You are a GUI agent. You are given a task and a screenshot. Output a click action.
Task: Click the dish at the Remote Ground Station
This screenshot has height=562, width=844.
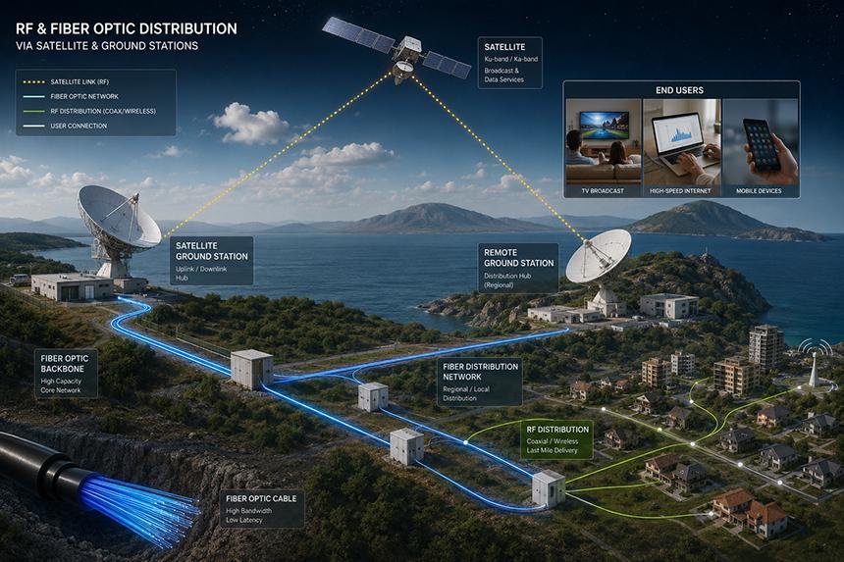[599, 256]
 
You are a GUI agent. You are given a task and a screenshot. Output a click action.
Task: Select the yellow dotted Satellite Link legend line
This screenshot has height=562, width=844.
[33, 82]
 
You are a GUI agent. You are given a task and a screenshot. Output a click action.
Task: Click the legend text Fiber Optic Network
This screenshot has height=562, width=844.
[84, 97]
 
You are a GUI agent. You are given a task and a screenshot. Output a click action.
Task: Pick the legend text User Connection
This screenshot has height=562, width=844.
[79, 126]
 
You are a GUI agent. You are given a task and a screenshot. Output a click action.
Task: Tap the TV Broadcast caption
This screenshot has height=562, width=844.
[603, 191]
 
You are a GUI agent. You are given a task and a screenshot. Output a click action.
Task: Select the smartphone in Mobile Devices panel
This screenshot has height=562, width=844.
[762, 144]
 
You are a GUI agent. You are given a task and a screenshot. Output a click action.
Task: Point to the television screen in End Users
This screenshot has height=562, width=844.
[604, 126]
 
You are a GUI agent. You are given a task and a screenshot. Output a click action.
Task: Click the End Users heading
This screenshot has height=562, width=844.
[679, 90]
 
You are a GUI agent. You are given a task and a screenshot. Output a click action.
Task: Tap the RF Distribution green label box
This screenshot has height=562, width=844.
[557, 440]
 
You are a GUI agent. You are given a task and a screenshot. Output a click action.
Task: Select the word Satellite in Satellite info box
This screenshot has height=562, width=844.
[504, 47]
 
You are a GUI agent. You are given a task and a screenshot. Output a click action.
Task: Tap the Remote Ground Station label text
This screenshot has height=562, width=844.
[518, 258]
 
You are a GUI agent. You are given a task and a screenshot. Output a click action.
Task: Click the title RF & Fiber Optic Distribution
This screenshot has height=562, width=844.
[127, 28]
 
